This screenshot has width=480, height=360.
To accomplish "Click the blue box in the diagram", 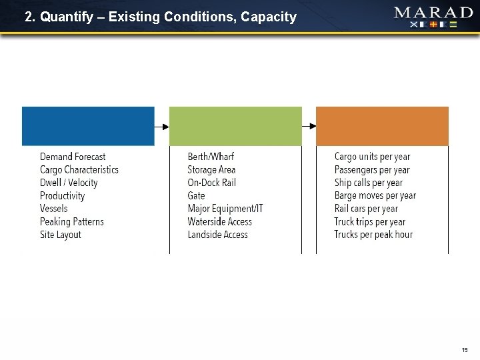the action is [88, 126].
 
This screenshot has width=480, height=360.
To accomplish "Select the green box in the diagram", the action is [235, 126].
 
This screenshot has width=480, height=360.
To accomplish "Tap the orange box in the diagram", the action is [382, 126].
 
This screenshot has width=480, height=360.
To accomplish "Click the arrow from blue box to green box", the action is [162, 126].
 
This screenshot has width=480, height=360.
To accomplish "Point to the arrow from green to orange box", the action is [309, 126].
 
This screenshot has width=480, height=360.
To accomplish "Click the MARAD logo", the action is [433, 17].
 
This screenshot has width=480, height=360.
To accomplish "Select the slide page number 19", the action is [465, 349].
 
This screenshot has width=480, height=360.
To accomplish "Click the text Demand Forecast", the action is [73, 157].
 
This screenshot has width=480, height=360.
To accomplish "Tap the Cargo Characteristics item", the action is [79, 170].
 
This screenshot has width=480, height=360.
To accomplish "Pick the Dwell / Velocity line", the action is [69, 183].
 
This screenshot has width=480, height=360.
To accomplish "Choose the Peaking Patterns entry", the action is [72, 221].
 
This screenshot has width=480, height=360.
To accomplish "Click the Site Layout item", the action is [61, 235].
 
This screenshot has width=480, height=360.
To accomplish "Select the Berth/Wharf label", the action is [211, 157].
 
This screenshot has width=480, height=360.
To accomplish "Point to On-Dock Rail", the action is [212, 183].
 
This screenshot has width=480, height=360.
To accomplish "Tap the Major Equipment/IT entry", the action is [225, 209].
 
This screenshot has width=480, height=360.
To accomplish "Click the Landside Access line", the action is [217, 235].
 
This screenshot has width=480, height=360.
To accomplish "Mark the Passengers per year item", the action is [372, 170].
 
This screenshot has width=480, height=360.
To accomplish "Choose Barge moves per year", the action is [375, 195].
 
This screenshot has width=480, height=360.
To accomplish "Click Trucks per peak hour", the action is [373, 235].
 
